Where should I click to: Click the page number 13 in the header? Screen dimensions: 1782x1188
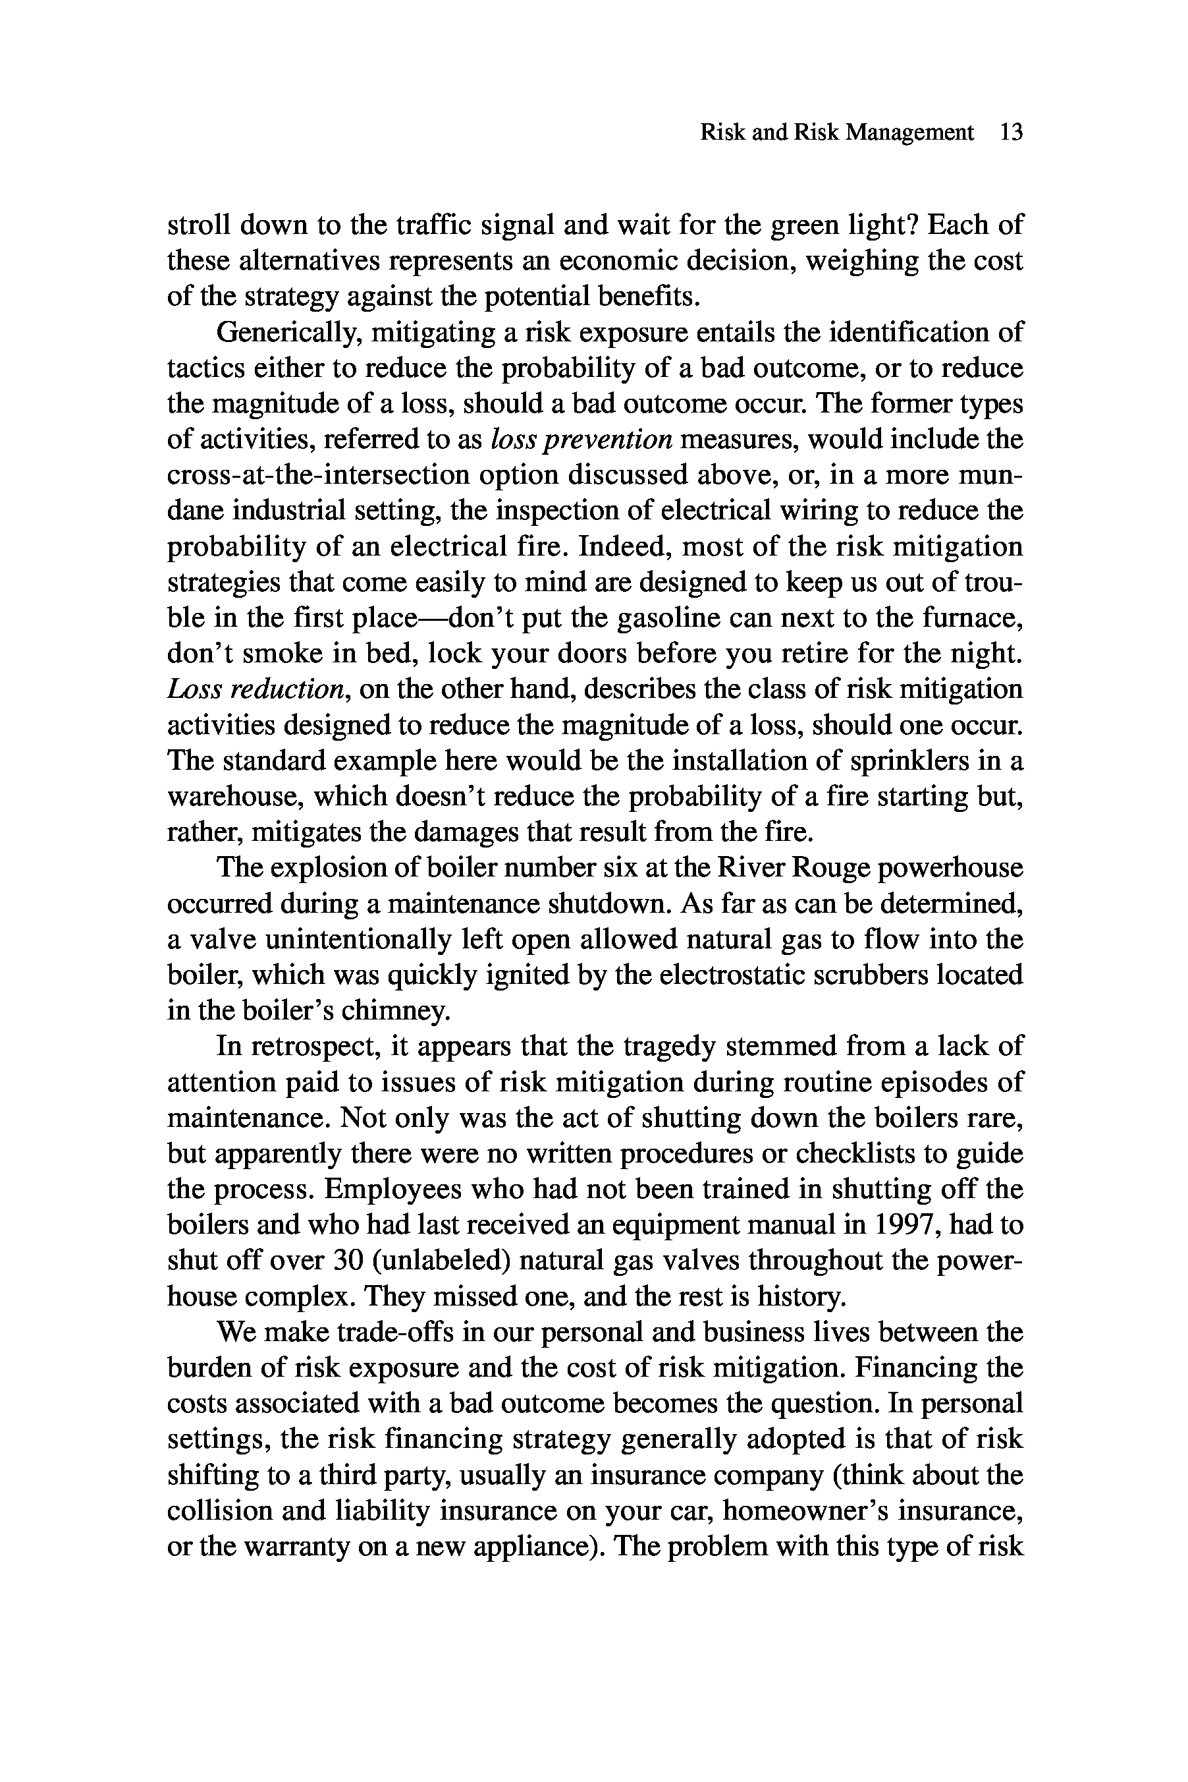[x=1012, y=132]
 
